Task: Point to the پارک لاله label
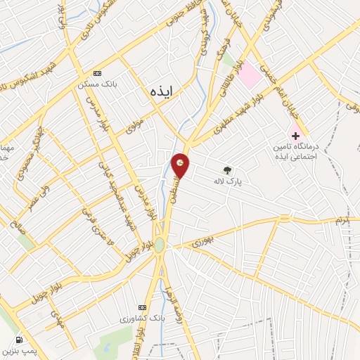(x=228, y=181)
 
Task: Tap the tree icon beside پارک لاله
(x=226, y=169)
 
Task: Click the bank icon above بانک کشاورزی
(x=143, y=307)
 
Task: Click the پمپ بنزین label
(x=19, y=350)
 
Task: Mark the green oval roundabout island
(x=160, y=244)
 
